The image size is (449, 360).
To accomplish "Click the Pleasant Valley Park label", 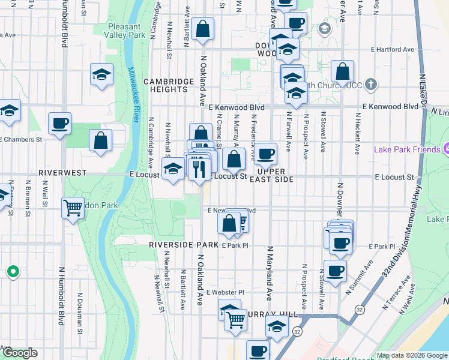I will (125, 31).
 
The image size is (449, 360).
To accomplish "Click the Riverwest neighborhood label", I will (63, 172).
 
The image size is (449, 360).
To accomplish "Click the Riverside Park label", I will (184, 245).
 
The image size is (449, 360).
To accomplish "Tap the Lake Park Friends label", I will (406, 149).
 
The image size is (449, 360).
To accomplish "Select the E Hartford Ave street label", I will (393, 49).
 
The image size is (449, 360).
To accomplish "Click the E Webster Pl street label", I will (225, 292).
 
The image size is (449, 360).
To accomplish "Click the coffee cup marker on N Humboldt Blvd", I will (59, 124).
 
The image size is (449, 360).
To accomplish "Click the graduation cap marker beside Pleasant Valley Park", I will (101, 75).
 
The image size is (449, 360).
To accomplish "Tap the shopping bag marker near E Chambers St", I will (101, 140).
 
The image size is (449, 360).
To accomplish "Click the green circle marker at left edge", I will (13, 272).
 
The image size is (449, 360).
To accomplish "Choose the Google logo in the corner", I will (19, 353).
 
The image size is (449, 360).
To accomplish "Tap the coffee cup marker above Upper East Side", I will (265, 154).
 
